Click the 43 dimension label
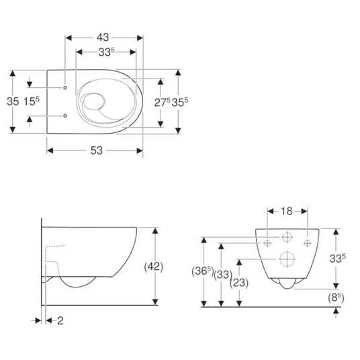tap(103, 38)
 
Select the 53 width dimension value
tap(97, 150)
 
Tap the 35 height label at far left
tap(13, 101)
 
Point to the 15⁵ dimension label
tap(32, 101)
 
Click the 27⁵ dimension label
tap(162, 102)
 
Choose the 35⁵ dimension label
tap(180, 102)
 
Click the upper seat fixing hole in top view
tap(65, 87)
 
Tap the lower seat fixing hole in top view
tap(65, 116)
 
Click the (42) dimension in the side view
tap(154, 267)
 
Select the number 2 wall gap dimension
tap(60, 320)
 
